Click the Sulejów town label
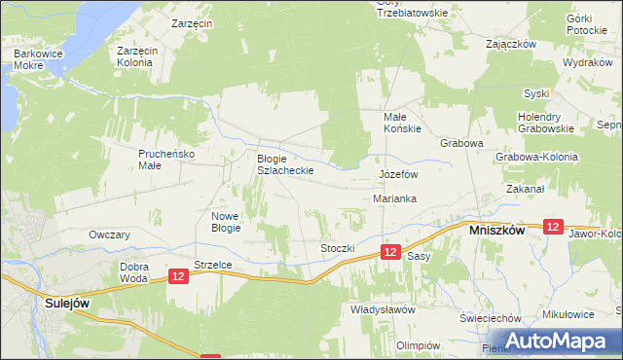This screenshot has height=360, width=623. coord(68,303)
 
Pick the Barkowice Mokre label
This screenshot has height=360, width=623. coord(34,60)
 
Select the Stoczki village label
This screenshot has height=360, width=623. coord(338,248)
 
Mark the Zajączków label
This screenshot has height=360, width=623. coord(512,44)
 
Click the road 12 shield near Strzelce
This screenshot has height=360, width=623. coord(178,277)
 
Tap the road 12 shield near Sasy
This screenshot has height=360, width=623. coord(390,252)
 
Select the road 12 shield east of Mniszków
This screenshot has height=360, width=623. coord(553,226)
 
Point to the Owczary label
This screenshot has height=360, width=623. coord(109,234)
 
